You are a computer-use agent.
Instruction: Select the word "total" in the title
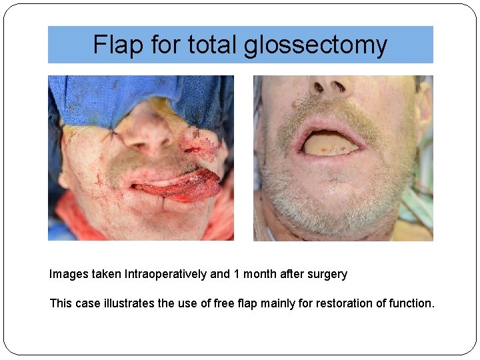click(213, 45)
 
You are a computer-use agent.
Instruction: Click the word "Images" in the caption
click(67, 274)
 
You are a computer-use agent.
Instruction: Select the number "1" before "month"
click(237, 274)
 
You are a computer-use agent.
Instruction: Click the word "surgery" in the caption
click(326, 274)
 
